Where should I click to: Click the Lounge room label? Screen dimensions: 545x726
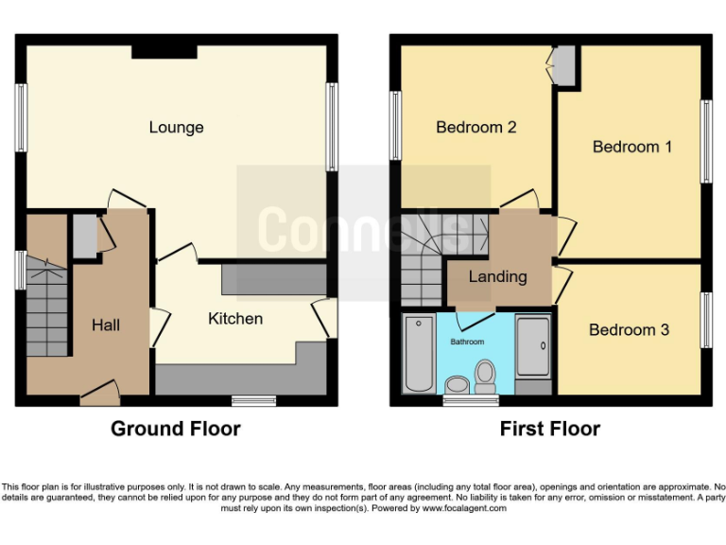pyautogui.click(x=176, y=128)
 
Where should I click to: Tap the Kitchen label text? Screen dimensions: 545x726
pyautogui.click(x=235, y=319)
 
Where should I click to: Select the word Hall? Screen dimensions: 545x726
pyautogui.click(x=106, y=325)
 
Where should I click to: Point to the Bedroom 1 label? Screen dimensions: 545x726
pyautogui.click(x=631, y=147)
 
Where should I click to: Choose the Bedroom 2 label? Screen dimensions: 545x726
pyautogui.click(x=475, y=128)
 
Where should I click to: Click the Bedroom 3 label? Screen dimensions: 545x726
pyautogui.click(x=629, y=329)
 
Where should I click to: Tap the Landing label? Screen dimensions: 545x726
pyautogui.click(x=497, y=276)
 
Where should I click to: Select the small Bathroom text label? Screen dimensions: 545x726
pyautogui.click(x=467, y=342)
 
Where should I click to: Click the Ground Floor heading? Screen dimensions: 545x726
pyautogui.click(x=176, y=429)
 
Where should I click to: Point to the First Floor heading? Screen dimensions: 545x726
pyautogui.click(x=550, y=429)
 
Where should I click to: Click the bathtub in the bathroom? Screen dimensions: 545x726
pyautogui.click(x=418, y=356)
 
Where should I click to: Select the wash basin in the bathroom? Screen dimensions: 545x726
pyautogui.click(x=457, y=384)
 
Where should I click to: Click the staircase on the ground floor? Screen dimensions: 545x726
pyautogui.click(x=45, y=303)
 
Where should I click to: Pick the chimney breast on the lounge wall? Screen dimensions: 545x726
pyautogui.click(x=164, y=50)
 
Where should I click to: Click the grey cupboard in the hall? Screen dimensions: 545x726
pyautogui.click(x=84, y=236)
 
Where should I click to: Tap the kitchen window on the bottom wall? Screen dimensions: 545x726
pyautogui.click(x=252, y=399)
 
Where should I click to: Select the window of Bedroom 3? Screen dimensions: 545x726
pyautogui.click(x=705, y=320)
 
